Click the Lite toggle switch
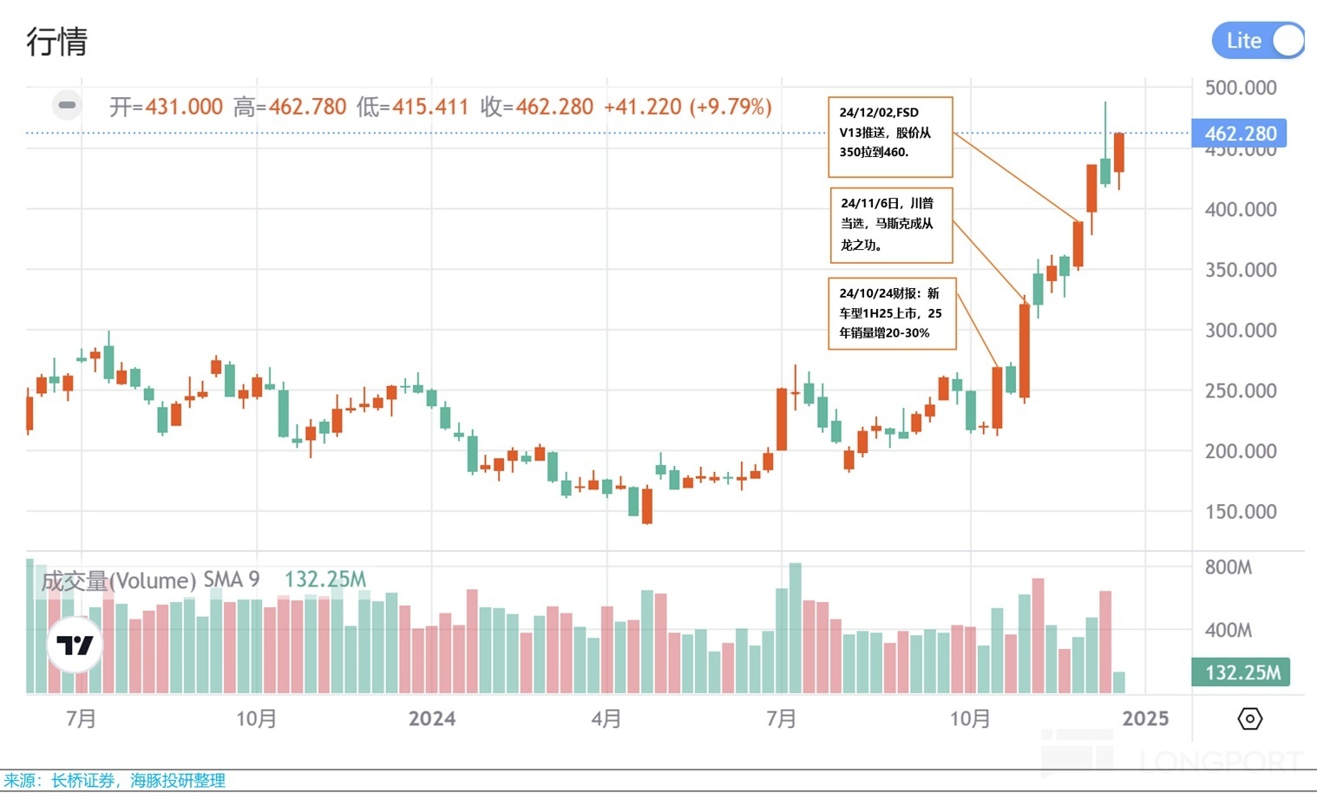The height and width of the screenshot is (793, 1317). click(1258, 41)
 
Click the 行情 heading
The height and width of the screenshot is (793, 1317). click(57, 41)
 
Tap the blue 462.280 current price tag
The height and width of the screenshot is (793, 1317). click(1240, 134)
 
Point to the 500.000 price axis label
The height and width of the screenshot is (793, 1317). click(1241, 88)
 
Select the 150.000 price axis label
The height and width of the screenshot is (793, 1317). click(1241, 512)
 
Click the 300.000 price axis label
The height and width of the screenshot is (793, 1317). click(1241, 331)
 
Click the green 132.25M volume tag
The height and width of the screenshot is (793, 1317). click(1242, 672)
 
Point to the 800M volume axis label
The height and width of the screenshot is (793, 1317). click(1228, 567)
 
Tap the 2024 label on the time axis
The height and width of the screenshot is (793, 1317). click(432, 718)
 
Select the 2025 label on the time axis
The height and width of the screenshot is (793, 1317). click(1145, 718)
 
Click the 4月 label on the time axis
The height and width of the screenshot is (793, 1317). click(606, 718)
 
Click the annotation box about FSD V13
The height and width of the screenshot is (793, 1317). click(890, 136)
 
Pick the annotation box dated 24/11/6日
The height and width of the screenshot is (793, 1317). click(891, 225)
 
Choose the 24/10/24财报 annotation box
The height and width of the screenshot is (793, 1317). click(892, 313)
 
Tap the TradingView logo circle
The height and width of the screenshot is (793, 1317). click(75, 646)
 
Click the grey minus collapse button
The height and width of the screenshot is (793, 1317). click(67, 106)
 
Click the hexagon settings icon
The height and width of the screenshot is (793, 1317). click(1249, 718)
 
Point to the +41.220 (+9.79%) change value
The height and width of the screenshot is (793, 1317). click(687, 107)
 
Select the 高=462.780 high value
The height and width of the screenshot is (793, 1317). click(290, 107)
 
